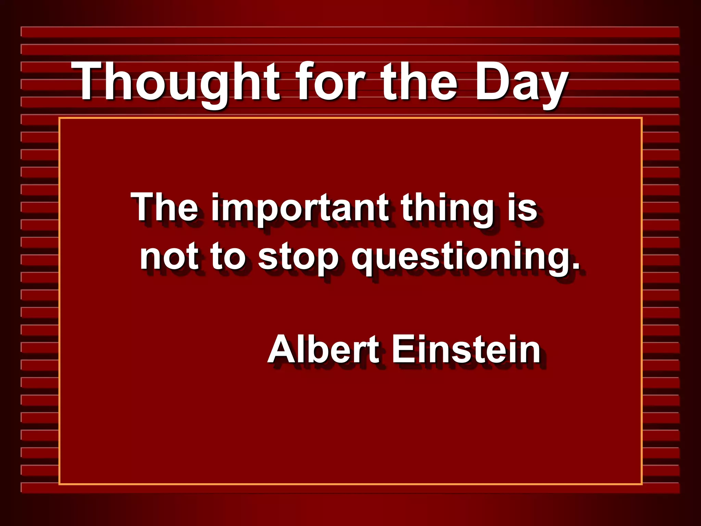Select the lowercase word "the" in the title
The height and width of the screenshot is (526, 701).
[x=419, y=82]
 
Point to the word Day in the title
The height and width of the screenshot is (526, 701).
[x=522, y=84]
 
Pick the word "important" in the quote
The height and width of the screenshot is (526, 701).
[x=300, y=209]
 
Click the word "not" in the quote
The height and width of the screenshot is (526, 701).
[x=169, y=257]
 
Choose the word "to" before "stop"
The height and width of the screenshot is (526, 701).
[x=228, y=257]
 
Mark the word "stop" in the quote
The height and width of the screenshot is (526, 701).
[x=298, y=259]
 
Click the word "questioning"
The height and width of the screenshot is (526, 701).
[x=461, y=259]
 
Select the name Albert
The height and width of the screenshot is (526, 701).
[x=323, y=349]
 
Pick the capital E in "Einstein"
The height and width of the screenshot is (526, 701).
[x=403, y=349]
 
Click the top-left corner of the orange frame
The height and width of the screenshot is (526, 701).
[x=60, y=118]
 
